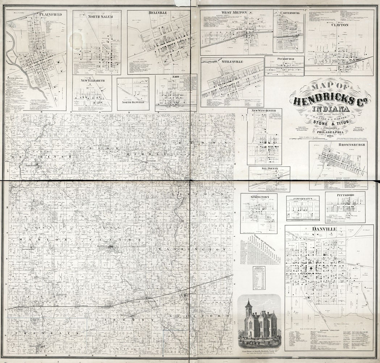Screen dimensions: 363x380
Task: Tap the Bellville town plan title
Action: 158,13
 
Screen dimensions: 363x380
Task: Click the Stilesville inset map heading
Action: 232,62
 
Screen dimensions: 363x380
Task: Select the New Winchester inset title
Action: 264,110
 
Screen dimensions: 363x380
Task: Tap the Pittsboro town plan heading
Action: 345,195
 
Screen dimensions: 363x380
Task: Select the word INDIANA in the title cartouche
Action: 331,109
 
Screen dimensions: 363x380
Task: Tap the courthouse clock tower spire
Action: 249,304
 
